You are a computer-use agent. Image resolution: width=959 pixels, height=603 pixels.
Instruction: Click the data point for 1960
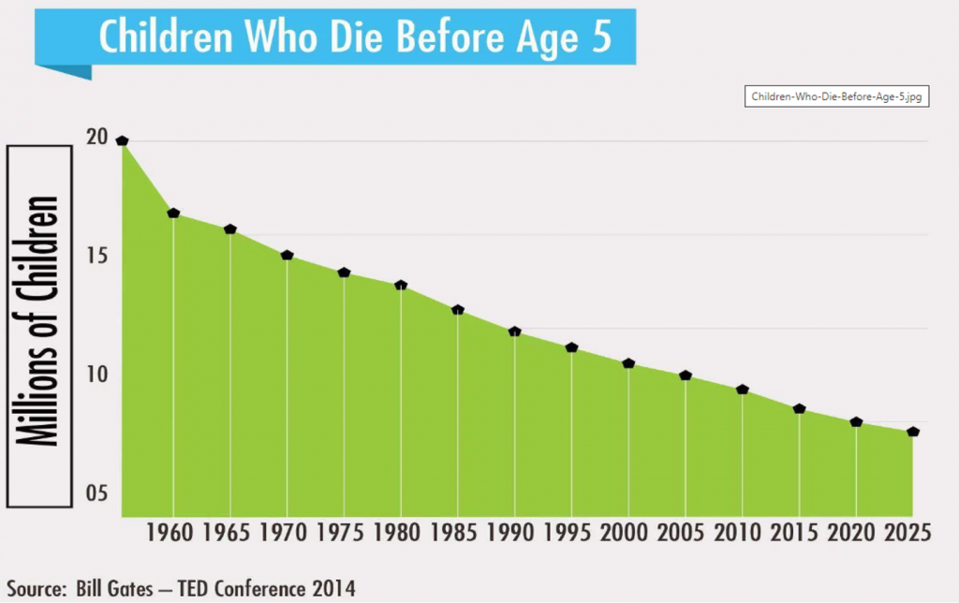click(173, 213)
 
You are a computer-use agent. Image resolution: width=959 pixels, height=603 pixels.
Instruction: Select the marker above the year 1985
click(458, 310)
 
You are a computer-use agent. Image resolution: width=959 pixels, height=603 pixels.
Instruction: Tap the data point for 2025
click(913, 432)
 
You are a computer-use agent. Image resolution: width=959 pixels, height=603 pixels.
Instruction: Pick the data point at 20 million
click(122, 140)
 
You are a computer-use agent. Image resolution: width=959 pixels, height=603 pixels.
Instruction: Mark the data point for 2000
click(628, 363)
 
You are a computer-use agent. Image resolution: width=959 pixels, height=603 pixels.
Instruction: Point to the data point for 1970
click(288, 255)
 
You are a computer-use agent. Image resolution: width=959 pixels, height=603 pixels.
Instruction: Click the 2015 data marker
click(799, 409)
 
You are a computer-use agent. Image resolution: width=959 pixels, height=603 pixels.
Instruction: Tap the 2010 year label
click(740, 533)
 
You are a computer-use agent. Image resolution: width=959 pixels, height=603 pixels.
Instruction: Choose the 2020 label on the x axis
click(854, 533)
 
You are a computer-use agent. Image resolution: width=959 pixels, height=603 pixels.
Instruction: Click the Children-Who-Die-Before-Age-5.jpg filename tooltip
click(837, 97)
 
